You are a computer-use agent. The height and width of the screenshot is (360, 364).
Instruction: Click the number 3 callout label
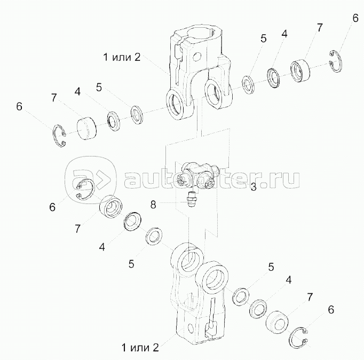coord(254,187)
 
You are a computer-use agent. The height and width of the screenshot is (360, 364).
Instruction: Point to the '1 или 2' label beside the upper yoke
coord(122,57)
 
